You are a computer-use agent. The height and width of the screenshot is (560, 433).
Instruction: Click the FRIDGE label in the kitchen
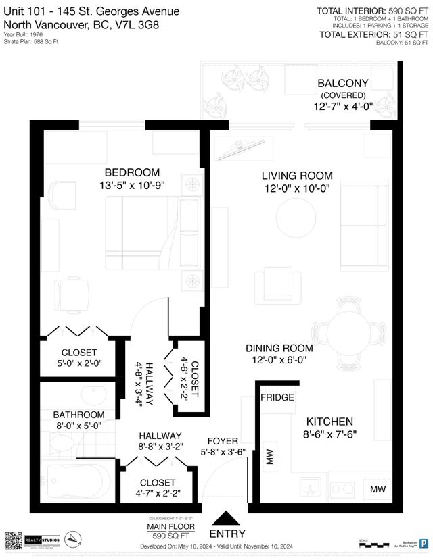(278, 397)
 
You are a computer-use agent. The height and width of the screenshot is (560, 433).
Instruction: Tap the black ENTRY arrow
(226, 519)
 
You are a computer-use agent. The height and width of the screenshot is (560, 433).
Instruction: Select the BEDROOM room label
(133, 172)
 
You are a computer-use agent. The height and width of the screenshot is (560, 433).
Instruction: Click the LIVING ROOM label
(297, 176)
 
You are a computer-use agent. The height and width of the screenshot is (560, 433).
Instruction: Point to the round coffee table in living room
(295, 218)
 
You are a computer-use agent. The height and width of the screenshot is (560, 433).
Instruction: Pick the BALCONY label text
(342, 83)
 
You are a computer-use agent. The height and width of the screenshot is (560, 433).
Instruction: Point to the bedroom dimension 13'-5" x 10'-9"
(133, 184)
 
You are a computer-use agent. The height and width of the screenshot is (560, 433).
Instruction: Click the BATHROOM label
(80, 414)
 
